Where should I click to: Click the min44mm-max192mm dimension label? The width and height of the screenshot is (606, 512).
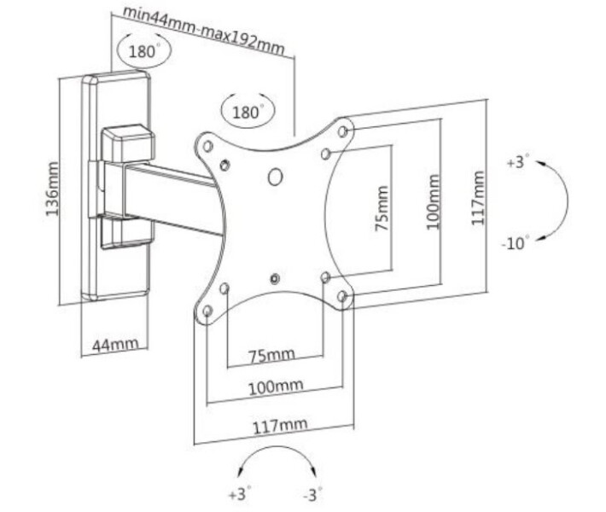click(203, 28)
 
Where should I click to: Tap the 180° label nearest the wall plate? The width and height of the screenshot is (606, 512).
click(144, 51)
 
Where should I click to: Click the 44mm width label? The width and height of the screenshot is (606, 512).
click(114, 345)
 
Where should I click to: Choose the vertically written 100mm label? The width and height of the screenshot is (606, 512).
click(434, 201)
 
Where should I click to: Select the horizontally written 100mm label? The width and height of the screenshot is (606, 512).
click(275, 387)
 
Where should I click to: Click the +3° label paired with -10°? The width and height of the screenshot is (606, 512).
click(517, 160)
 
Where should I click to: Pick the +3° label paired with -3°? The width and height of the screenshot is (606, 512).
click(240, 494)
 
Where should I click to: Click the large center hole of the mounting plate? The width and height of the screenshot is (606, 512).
click(275, 177)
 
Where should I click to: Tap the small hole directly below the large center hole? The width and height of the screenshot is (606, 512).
click(274, 277)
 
